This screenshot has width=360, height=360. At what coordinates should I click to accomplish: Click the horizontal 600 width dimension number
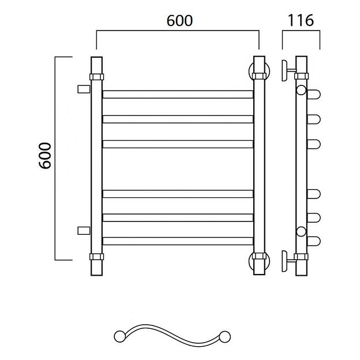179,21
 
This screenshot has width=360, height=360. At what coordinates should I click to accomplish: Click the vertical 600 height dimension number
45,156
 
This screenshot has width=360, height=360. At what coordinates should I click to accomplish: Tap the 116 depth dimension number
301,20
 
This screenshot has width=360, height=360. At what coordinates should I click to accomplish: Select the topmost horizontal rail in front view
178,95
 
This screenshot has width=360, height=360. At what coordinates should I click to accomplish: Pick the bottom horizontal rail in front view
178,241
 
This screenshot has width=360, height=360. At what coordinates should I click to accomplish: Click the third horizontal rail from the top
178,144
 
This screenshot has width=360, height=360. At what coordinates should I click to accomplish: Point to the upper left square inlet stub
84,89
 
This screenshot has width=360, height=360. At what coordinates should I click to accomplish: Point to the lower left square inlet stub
84,231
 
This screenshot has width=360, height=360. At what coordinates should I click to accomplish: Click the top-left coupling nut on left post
97,77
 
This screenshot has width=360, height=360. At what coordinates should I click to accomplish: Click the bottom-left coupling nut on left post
97,257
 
